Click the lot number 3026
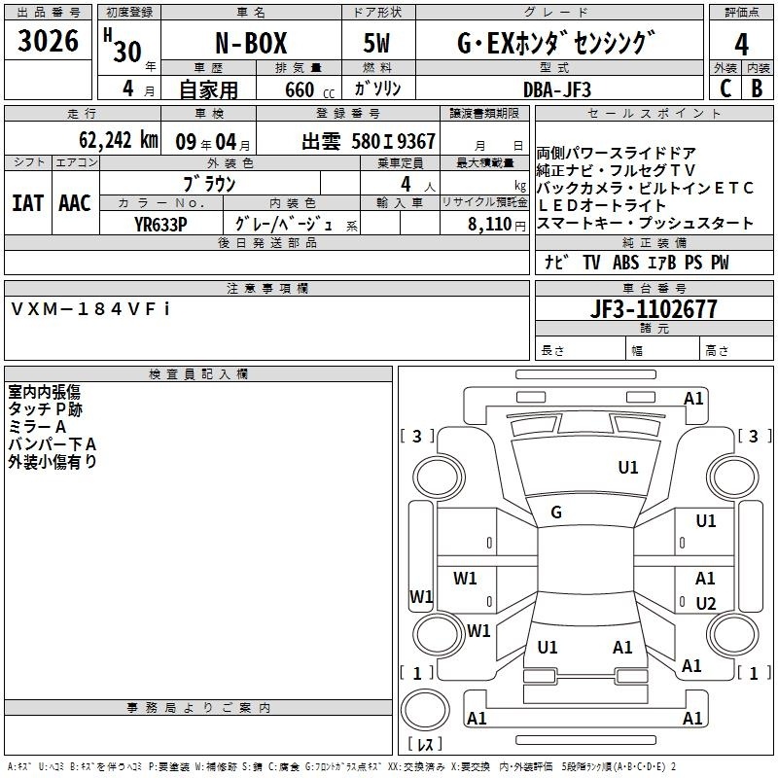48,41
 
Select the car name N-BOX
251,43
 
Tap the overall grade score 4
741,45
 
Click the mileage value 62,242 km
119,140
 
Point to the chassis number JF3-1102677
654,309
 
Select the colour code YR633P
160,225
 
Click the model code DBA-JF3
557,89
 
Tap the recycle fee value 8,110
490,225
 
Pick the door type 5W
376,43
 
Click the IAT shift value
28,203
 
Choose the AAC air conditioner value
75,203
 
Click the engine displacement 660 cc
309,90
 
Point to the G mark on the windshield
556,513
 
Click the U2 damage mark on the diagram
706,603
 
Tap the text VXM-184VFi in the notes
90,309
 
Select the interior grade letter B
757,88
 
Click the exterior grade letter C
725,88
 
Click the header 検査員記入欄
198,374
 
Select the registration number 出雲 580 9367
369,141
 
